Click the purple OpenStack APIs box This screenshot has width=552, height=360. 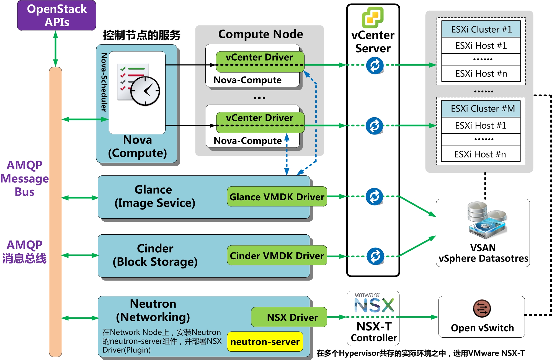(x=56, y=15)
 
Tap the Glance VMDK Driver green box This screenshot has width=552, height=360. (x=277, y=196)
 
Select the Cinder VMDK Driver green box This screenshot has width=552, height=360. (x=277, y=255)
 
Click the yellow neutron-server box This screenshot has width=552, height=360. (x=265, y=342)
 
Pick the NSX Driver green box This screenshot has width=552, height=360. (x=289, y=317)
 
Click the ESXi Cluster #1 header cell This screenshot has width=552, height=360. (x=481, y=29)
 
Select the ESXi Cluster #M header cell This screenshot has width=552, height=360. (x=481, y=109)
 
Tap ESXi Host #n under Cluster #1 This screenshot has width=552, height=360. (x=481, y=73)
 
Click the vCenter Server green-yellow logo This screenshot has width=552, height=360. (x=373, y=17)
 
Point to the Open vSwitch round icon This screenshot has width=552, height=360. (x=482, y=309)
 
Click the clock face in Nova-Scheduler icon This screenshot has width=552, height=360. (x=145, y=91)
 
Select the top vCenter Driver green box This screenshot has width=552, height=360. (x=260, y=58)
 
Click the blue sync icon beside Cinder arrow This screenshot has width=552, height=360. (x=375, y=256)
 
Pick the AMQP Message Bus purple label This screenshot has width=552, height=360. (x=24, y=178)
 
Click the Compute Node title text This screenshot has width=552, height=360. (x=260, y=34)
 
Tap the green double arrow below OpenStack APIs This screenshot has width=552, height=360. (x=55, y=48)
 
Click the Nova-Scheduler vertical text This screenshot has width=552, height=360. (x=104, y=82)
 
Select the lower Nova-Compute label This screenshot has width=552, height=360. (x=247, y=141)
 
